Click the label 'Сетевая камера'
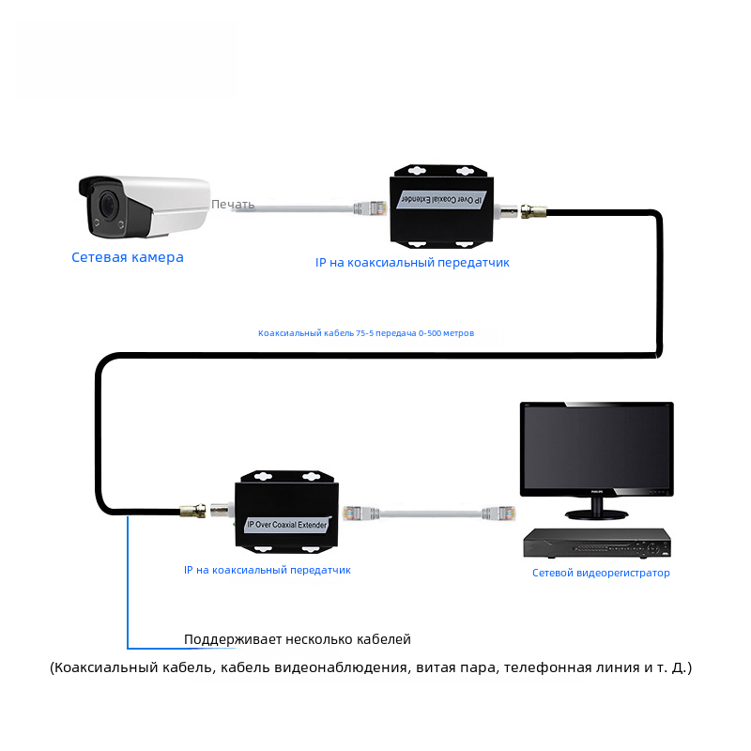point(128,257)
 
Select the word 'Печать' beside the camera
point(233,204)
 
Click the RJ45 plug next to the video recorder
point(495,513)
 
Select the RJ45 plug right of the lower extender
point(358,513)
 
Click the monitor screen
point(597,447)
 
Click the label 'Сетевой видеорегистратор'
point(601,573)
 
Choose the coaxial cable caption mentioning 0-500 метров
point(366,333)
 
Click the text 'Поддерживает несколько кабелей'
point(298,639)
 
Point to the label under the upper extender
point(412,263)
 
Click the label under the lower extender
point(268,570)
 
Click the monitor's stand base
point(596,513)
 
